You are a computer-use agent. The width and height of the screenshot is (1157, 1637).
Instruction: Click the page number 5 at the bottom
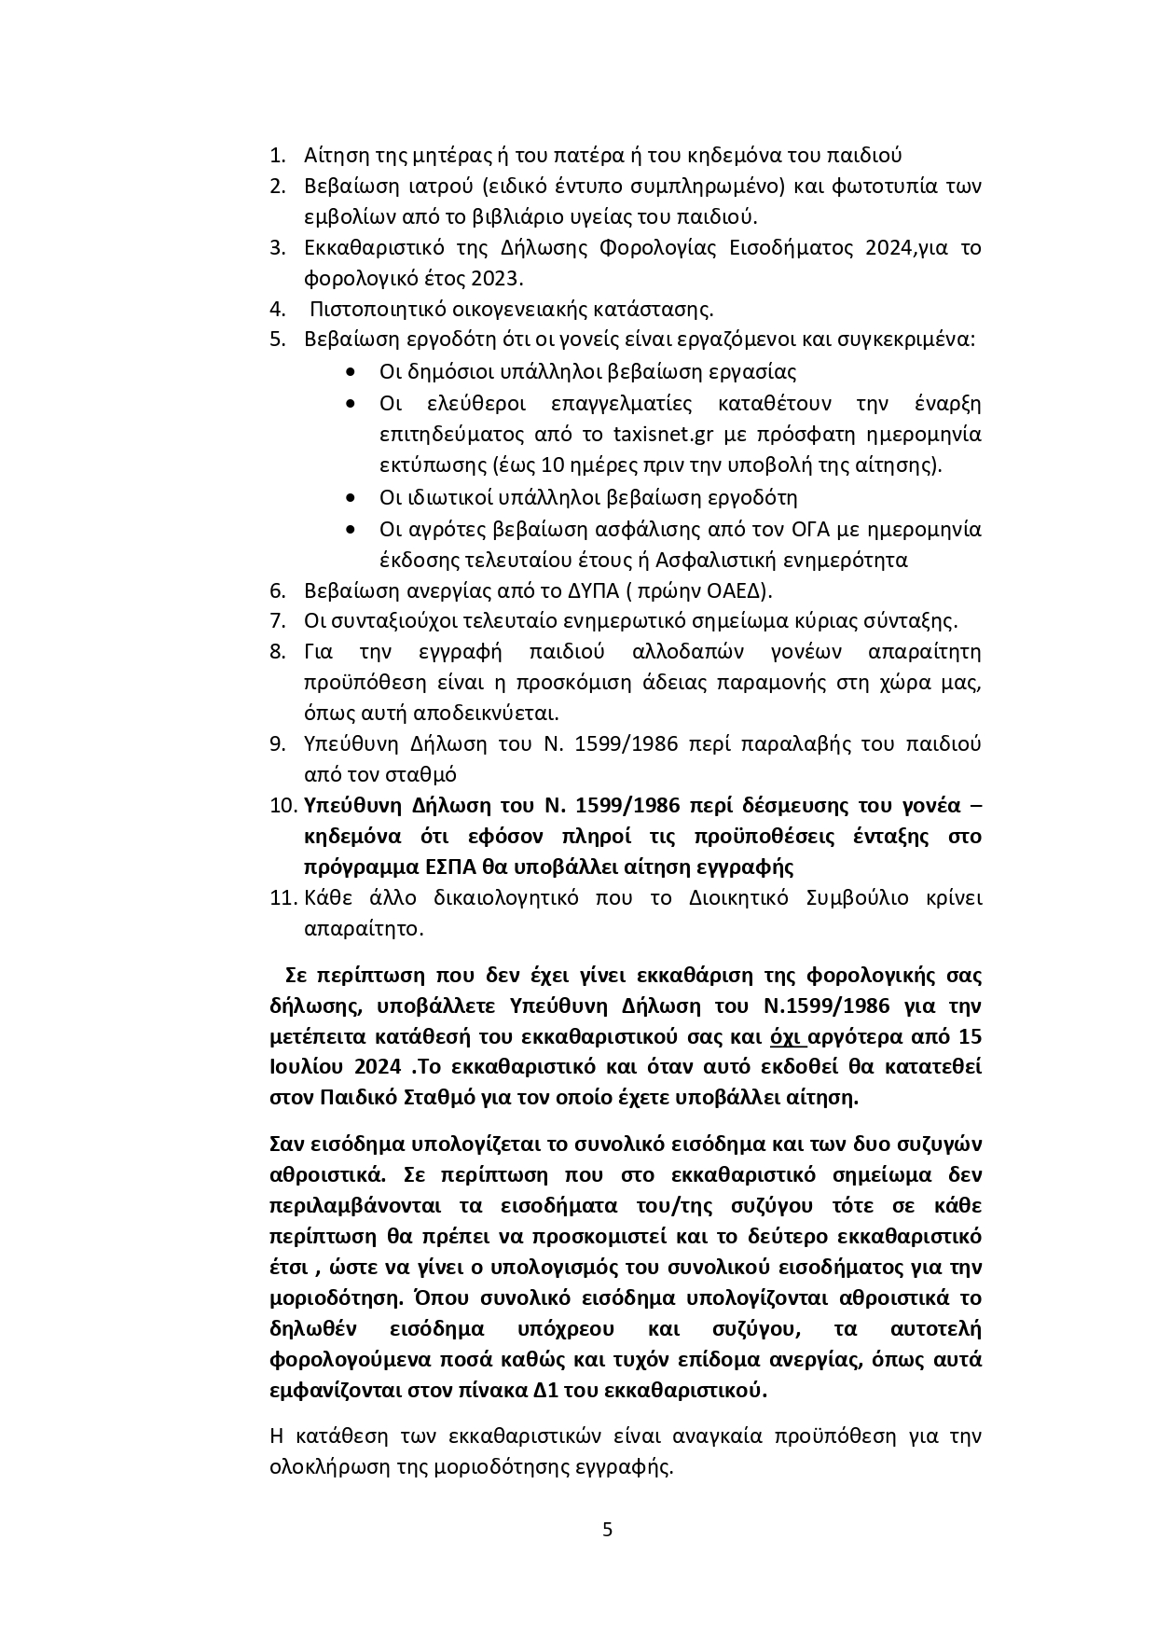coord(607,1530)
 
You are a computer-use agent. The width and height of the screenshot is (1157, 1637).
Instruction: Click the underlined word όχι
coord(789,1036)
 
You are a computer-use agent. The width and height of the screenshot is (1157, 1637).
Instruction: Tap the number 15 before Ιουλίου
coord(970,1036)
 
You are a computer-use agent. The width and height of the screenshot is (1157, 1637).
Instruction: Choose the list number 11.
coord(282,898)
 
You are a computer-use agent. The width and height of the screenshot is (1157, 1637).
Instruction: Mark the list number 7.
coord(277,621)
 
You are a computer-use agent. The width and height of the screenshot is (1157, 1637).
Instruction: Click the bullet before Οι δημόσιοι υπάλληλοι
coord(350,372)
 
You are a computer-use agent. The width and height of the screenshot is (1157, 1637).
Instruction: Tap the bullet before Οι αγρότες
coord(350,529)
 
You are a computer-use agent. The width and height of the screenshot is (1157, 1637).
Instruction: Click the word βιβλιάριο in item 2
coord(528,217)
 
